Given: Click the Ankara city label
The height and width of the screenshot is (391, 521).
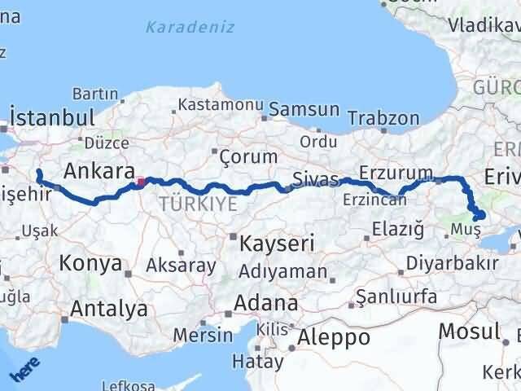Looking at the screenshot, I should pyautogui.click(x=99, y=172).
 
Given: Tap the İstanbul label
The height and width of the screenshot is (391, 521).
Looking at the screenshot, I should pyautogui.click(x=53, y=116).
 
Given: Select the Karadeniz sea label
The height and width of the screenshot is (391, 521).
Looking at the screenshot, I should pyautogui.click(x=190, y=27).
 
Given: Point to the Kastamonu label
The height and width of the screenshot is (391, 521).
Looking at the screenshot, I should pyautogui.click(x=221, y=106).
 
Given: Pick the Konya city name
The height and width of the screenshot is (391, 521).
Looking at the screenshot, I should pyautogui.click(x=90, y=264).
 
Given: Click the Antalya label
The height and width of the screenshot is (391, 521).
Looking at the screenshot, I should pyautogui.click(x=109, y=309).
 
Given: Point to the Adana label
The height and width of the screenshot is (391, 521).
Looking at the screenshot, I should pyautogui.click(x=265, y=303).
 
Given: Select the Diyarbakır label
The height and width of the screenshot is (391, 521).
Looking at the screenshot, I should pyautogui.click(x=452, y=264).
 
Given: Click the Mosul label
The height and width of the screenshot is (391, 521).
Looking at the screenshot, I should pyautogui.click(x=468, y=331).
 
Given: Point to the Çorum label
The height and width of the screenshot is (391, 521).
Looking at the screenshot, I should pyautogui.click(x=236, y=153).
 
